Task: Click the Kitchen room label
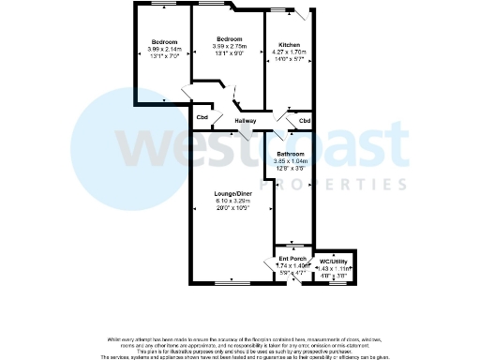pos(289,45)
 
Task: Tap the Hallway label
pos(246,121)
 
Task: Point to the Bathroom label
pos(290,154)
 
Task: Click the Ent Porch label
pos(292,259)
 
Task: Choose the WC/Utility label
pos(335,261)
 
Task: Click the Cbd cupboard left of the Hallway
pos(202,117)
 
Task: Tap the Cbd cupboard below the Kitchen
pos(304,121)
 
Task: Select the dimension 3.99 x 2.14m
pos(165,49)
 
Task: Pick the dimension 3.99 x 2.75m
pos(230,46)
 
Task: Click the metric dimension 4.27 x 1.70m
pos(289,52)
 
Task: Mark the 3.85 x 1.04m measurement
pos(290,161)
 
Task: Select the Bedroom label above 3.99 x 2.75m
pos(230,38)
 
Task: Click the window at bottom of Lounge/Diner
pos(228,281)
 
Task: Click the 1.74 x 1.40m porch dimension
pos(292,266)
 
